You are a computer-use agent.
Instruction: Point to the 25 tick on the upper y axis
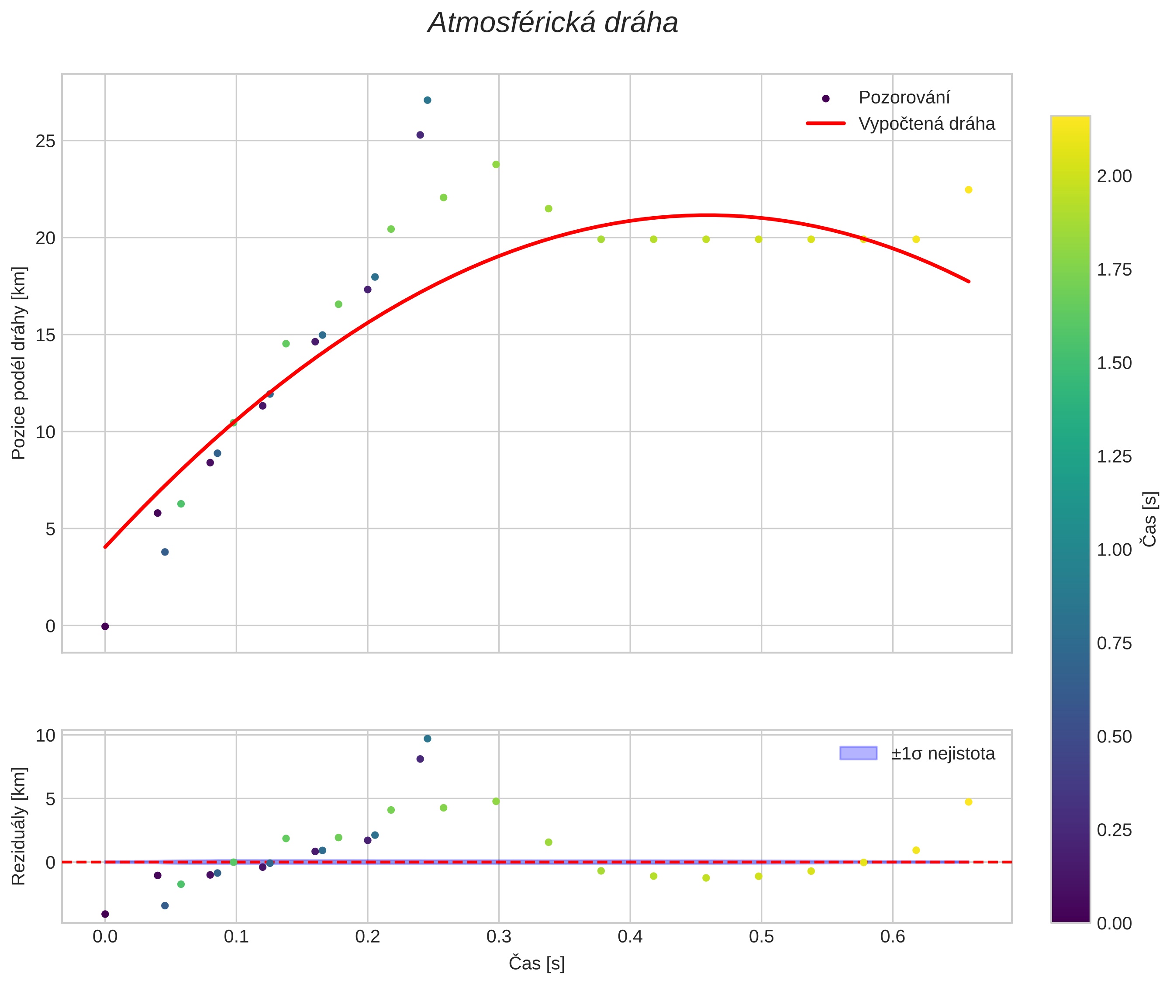(46, 141)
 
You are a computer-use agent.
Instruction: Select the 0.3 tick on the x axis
(499, 936)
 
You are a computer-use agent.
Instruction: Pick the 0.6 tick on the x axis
(892, 936)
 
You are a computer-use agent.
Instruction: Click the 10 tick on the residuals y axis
(46, 736)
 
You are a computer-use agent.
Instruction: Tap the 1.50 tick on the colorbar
(1114, 363)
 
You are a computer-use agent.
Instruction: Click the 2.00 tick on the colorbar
(1114, 176)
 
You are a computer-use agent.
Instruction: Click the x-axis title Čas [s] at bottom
(536, 963)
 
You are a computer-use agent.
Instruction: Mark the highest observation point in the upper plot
(427, 100)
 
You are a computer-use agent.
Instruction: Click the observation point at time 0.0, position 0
(105, 626)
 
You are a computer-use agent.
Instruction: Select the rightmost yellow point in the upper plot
(969, 190)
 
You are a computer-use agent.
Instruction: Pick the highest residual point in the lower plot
(427, 739)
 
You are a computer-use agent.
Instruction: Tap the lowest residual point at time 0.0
(105, 914)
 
